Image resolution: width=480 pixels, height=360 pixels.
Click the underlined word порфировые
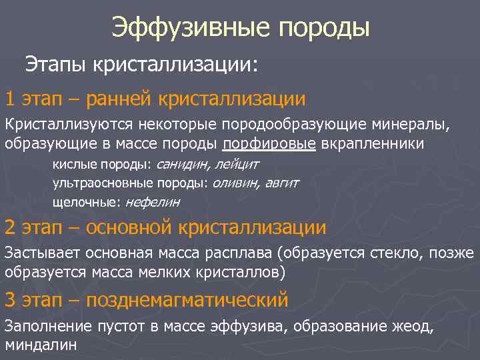click(x=271, y=143)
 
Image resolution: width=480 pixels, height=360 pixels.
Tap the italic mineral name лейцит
click(x=235, y=164)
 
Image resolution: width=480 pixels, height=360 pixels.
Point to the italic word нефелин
click(x=153, y=201)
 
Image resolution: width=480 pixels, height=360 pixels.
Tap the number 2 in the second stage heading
click(x=9, y=228)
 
